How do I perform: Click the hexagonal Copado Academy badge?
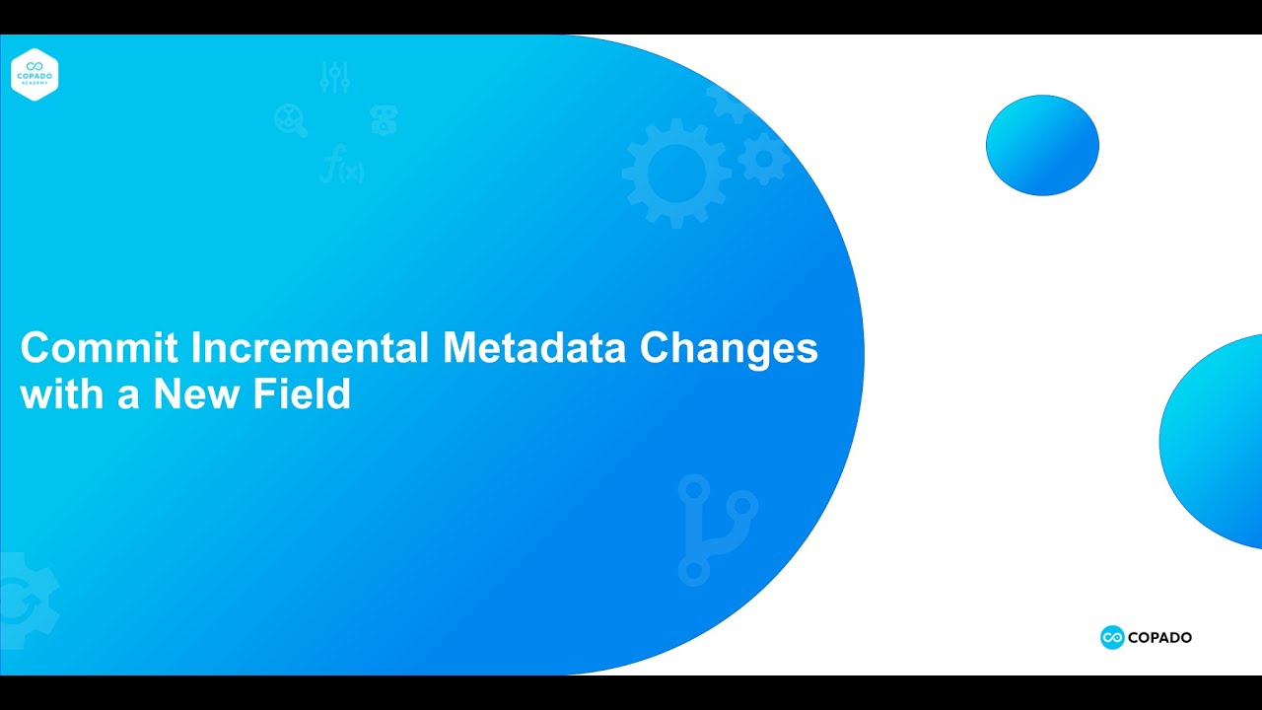click(35, 75)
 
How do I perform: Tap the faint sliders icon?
click(335, 77)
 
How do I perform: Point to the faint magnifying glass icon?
click(291, 120)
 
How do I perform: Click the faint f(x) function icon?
click(342, 165)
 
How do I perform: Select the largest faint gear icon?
click(676, 173)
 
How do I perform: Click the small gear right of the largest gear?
click(764, 158)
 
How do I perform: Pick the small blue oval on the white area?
click(1042, 145)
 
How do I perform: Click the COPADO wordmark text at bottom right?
click(1160, 638)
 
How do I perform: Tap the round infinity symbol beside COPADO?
click(1112, 638)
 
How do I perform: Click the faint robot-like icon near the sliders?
click(384, 120)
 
